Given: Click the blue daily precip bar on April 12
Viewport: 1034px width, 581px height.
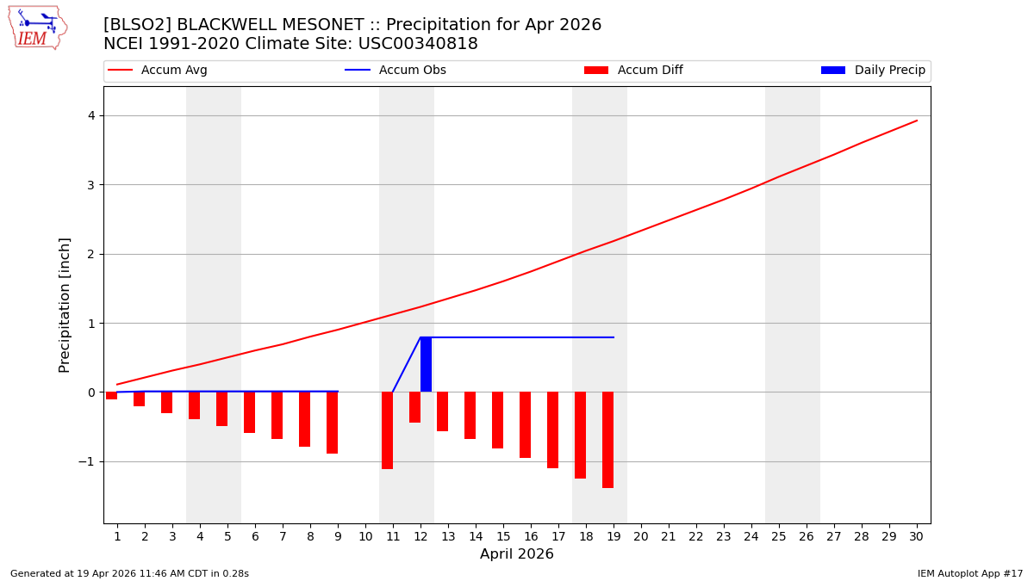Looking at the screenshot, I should tap(426, 365).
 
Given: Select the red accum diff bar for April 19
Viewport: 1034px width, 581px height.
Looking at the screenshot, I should tap(607, 440).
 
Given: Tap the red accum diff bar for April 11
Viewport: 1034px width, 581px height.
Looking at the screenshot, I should tap(387, 430).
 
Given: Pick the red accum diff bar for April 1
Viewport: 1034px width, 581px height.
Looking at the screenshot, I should tap(112, 396).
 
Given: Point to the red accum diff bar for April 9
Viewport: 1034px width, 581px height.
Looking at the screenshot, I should tap(332, 423).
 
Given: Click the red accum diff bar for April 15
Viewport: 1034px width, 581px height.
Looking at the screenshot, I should tap(497, 420).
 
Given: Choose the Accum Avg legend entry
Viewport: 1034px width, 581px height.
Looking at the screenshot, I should tap(158, 71).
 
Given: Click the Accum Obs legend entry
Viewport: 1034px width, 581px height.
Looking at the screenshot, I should tap(396, 71).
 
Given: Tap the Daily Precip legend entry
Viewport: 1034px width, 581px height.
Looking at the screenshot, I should tap(873, 71).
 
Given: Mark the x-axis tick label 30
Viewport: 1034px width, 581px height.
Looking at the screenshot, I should tap(917, 536).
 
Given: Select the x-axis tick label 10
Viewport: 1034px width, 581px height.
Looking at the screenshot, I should tap(365, 536).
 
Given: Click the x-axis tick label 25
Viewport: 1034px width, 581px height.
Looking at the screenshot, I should tap(779, 536).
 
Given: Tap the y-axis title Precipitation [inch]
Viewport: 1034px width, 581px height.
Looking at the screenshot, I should tap(65, 305).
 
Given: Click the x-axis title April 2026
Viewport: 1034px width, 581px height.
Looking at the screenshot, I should tap(517, 554).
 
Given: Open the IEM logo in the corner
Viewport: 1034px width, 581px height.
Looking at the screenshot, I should tap(36, 28).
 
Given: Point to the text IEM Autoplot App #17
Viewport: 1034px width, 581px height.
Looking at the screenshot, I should tap(969, 573).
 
